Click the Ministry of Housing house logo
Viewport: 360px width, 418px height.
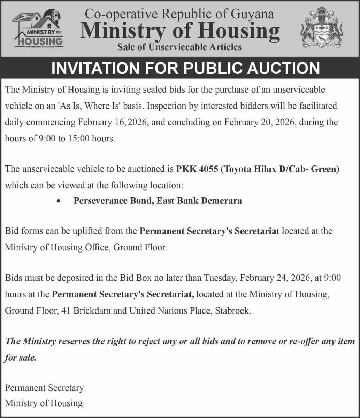38,29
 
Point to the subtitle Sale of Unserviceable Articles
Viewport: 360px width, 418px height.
179,47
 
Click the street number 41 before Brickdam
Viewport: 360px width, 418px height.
66,310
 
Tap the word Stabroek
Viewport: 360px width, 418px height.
232,310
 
